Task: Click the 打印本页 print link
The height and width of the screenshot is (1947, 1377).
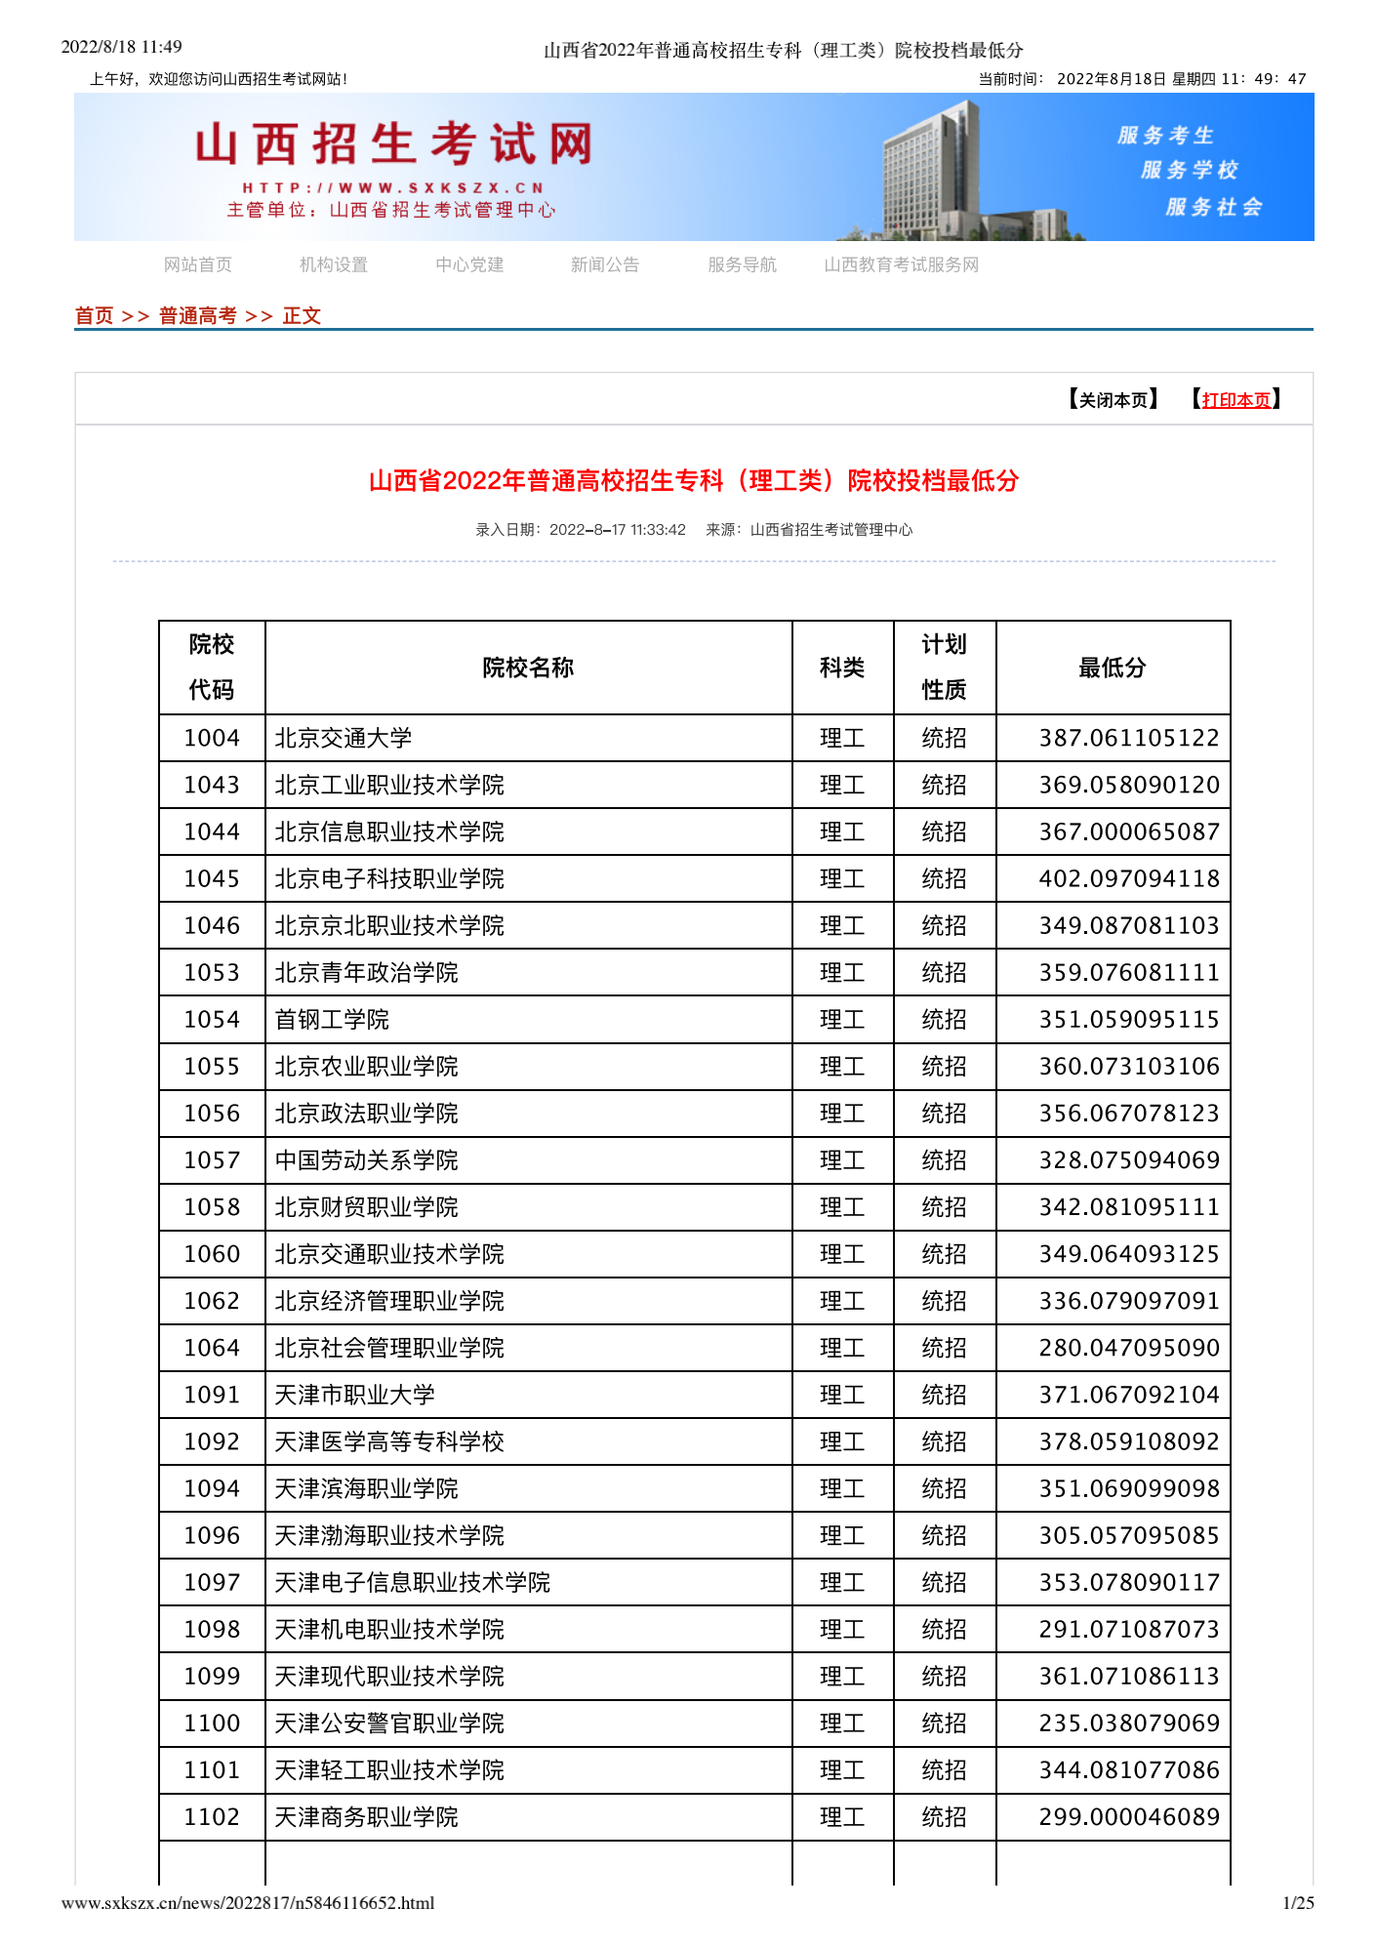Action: coord(1236,400)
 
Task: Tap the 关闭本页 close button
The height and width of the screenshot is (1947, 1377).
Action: coord(1114,400)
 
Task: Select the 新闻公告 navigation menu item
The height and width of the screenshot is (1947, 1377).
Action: coord(605,264)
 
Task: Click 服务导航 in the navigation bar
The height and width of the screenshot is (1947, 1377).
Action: coord(742,264)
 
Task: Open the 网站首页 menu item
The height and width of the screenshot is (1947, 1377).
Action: coord(198,264)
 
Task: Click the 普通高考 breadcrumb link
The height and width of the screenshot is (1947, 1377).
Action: coord(198,315)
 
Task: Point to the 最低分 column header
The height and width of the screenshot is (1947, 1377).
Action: coord(1112,668)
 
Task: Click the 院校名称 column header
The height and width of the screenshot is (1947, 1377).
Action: coord(528,668)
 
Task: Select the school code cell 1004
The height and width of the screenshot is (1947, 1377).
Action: coord(212,738)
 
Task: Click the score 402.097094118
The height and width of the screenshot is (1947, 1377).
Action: coord(1129,878)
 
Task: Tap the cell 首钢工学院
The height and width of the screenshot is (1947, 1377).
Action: coord(332,1020)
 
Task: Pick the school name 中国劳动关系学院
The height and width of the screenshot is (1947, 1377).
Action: coord(366,1160)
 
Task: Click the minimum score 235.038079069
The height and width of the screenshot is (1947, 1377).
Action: coord(1129,1724)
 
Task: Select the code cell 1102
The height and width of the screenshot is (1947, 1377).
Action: coord(212,1817)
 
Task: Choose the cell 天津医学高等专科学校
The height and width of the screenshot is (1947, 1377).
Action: coord(389,1441)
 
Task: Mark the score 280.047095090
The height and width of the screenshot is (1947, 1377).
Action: coord(1129,1348)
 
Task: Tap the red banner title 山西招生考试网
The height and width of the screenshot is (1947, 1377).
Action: coord(394,144)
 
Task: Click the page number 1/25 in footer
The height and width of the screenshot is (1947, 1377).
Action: coord(1298,1903)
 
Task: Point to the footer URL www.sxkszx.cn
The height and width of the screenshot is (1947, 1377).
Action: coord(248,1903)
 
